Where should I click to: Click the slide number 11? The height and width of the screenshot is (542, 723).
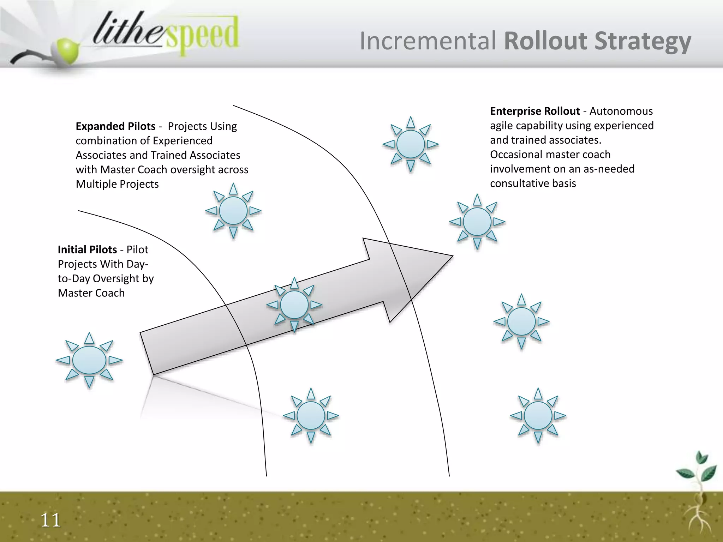pyautogui.click(x=50, y=520)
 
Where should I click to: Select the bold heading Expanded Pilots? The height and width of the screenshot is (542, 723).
pyautogui.click(x=115, y=126)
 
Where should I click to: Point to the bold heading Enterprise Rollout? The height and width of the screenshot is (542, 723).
pyautogui.click(x=534, y=111)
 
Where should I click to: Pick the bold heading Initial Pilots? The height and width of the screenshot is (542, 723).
pyautogui.click(x=87, y=250)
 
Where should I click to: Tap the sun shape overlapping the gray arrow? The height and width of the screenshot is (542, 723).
pyautogui.click(x=294, y=305)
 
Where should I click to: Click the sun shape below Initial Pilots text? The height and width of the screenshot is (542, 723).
pyautogui.click(x=89, y=360)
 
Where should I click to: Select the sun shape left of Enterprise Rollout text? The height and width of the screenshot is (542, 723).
pyautogui.click(x=411, y=144)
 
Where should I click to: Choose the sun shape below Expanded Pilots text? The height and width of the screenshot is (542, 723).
pyautogui.click(x=233, y=211)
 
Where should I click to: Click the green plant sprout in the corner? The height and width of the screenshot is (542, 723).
pyautogui.click(x=697, y=471)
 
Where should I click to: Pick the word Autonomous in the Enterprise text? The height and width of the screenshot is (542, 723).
pyautogui.click(x=621, y=111)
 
